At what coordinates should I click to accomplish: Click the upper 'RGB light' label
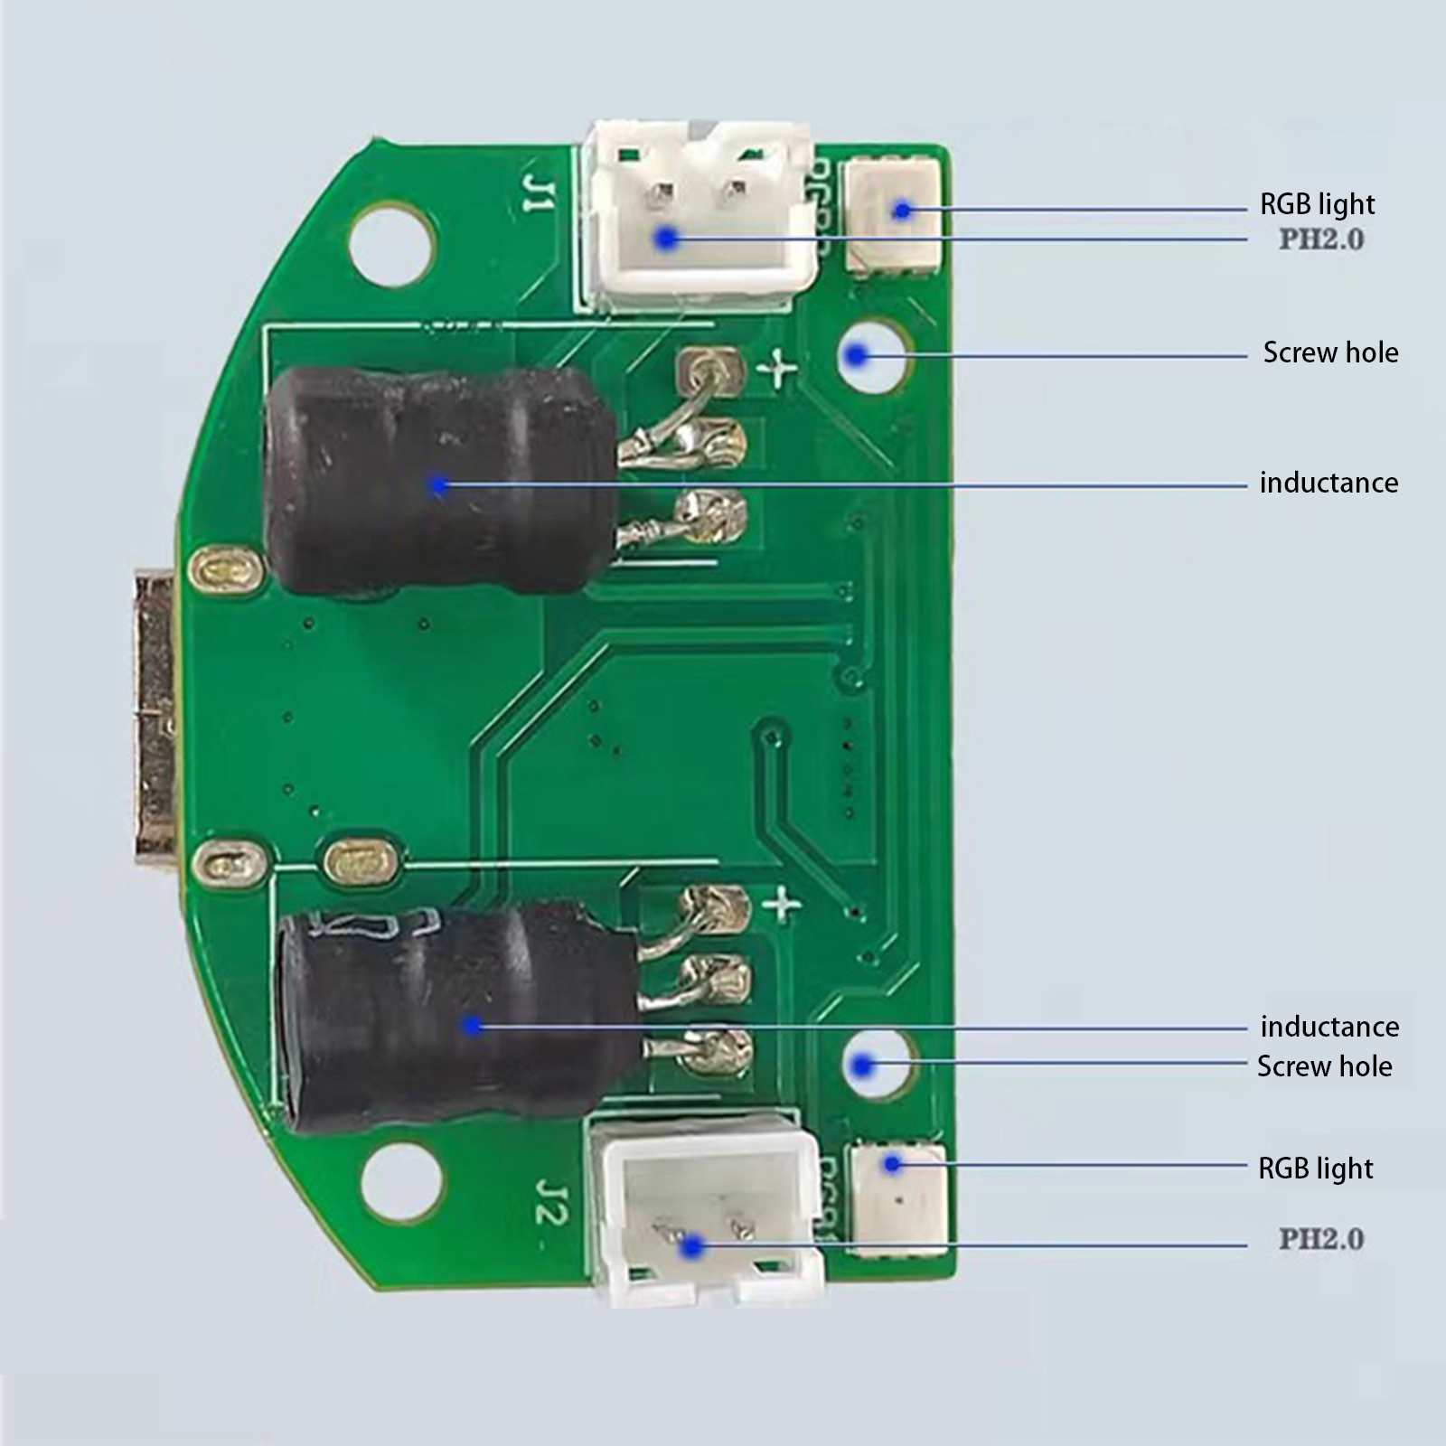(x=1317, y=204)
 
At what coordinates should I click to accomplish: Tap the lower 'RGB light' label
(x=1315, y=1169)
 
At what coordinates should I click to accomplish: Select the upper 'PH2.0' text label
(x=1320, y=239)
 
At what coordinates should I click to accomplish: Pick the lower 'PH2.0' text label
(x=1320, y=1239)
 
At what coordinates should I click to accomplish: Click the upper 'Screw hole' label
(x=1329, y=352)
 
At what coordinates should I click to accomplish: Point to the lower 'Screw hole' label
(x=1324, y=1066)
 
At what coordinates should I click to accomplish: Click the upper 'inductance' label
(x=1329, y=483)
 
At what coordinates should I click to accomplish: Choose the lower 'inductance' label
(x=1329, y=1027)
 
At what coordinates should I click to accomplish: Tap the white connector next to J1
(x=700, y=217)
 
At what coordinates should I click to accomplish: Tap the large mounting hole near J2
(x=401, y=1180)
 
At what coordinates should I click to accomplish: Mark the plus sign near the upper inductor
(x=778, y=370)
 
